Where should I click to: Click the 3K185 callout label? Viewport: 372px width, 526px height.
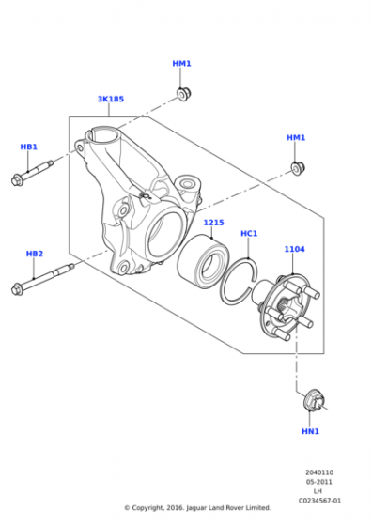pos(110,99)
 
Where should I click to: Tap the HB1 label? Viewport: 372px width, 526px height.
pos(29,147)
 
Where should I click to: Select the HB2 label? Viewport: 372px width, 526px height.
pos(35,254)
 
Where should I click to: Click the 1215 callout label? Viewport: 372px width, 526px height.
pos(214,223)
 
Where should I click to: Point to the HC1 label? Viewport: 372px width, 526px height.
pos(249,233)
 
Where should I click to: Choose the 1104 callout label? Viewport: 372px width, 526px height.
pos(295,249)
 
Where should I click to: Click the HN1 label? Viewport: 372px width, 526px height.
pos(310,431)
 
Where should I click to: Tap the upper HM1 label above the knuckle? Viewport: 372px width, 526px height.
pos(181,64)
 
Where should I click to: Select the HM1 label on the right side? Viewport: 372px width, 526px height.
pos(296,138)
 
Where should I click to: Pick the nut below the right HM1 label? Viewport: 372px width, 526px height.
pos(297,168)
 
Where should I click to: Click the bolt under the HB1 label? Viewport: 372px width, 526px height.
pos(32,174)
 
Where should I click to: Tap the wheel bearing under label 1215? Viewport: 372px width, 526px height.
pos(199,262)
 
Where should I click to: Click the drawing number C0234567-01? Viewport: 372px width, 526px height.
pos(319,501)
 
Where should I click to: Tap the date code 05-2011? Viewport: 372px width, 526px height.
pos(319,482)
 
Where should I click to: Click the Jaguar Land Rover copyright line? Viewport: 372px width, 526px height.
pos(197,508)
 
